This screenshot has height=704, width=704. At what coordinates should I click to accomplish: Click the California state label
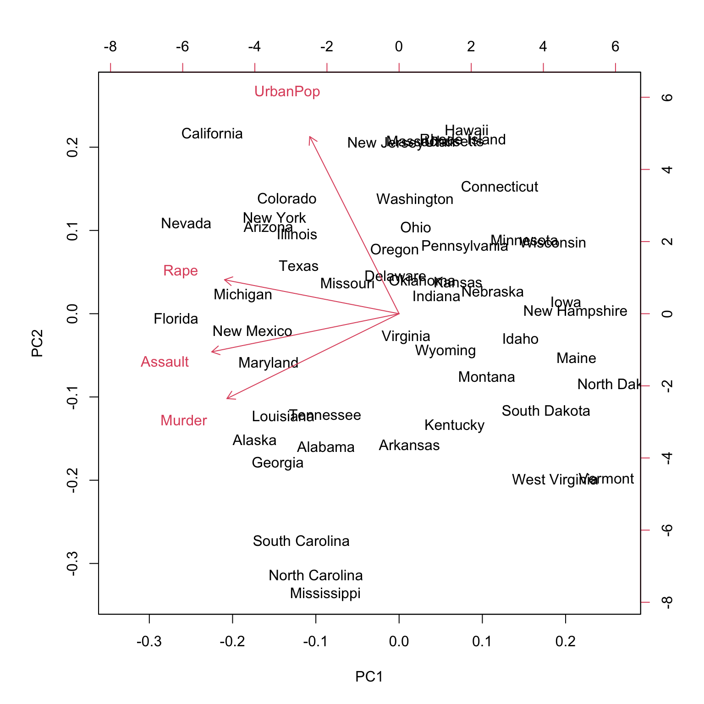[212, 134]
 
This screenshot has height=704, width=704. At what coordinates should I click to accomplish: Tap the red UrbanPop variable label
[287, 92]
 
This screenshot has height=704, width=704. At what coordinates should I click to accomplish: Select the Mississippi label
[325, 594]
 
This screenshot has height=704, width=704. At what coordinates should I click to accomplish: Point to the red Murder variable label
[183, 421]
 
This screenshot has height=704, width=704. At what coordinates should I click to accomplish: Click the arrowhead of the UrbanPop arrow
[310, 137]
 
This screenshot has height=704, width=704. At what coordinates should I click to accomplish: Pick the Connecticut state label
[499, 187]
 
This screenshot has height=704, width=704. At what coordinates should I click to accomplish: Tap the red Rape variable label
[180, 271]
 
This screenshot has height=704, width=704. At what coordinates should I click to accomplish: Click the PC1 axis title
[369, 676]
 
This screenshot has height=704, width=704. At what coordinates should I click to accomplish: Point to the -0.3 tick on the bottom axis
[149, 641]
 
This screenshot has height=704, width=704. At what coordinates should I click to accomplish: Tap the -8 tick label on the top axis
[110, 47]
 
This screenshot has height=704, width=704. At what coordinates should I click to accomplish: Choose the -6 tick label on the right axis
[667, 530]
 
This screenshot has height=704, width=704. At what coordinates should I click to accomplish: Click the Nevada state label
[186, 224]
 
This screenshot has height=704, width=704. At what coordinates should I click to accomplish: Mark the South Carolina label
[301, 541]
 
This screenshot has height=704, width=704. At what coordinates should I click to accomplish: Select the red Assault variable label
[165, 362]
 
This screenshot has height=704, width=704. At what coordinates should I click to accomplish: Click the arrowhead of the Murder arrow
[228, 398]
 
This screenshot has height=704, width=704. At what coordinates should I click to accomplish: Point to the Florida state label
[176, 319]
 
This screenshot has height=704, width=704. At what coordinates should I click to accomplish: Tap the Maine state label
[576, 358]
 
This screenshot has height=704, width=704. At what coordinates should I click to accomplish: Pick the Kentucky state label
[454, 425]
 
